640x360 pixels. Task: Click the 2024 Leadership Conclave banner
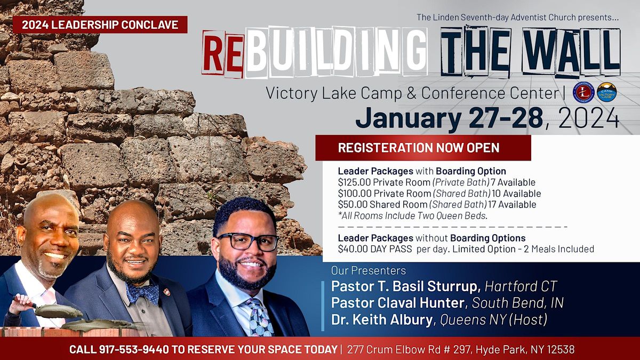(x=100, y=25)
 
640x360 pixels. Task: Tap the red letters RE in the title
(x=223, y=54)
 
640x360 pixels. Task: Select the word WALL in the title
(x=571, y=51)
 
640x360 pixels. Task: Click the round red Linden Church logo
(x=583, y=93)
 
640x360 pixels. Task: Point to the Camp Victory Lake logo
(x=607, y=93)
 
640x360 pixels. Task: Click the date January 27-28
(x=449, y=118)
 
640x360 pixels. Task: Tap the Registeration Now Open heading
(x=419, y=148)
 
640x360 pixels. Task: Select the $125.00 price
(x=354, y=182)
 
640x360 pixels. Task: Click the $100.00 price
(x=355, y=194)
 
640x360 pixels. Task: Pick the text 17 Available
(x=512, y=205)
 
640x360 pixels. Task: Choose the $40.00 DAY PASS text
(x=375, y=249)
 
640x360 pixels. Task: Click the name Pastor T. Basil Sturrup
(x=406, y=286)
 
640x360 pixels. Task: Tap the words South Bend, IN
(x=517, y=303)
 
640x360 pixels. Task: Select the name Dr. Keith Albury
(x=382, y=319)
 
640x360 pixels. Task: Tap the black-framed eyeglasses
(x=247, y=242)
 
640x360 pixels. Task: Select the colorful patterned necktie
(x=259, y=317)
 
